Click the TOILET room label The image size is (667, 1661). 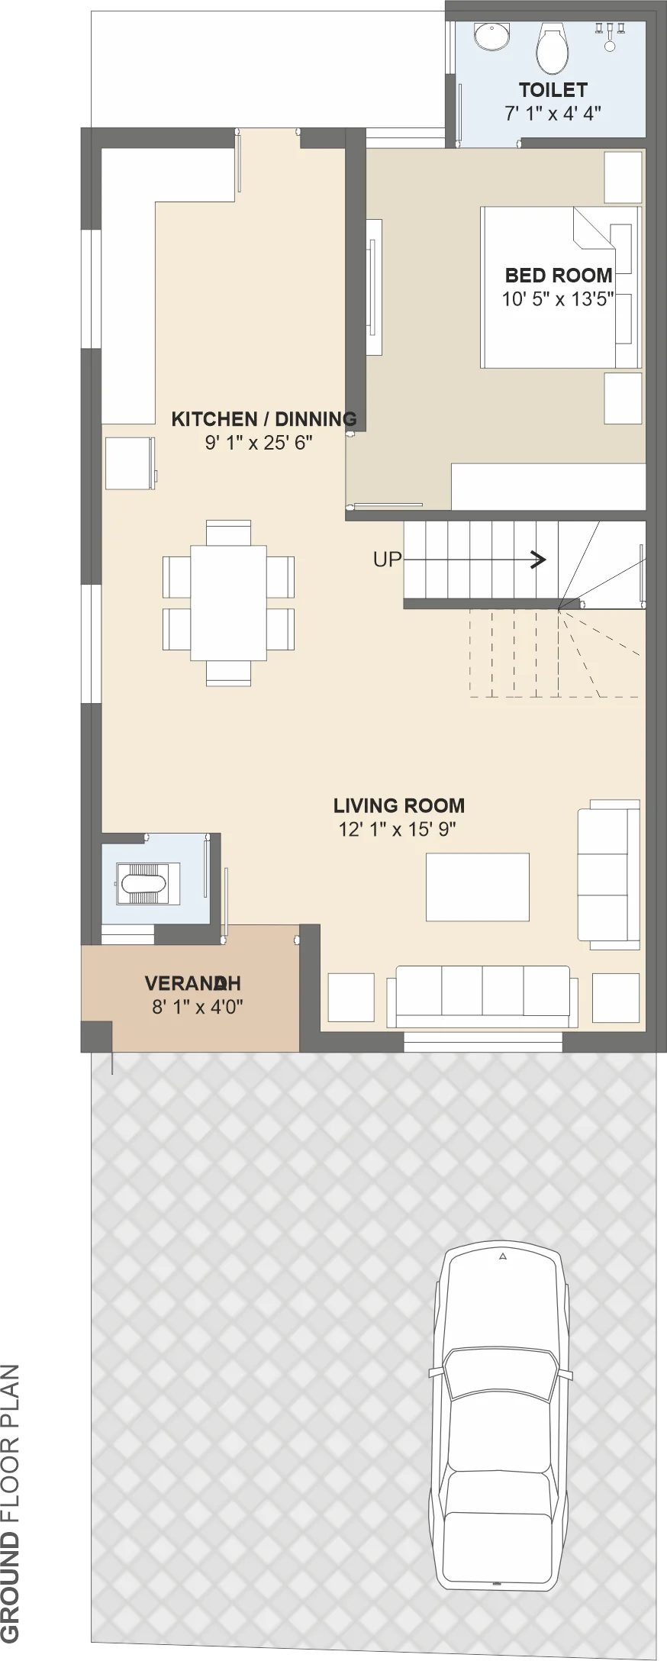tap(553, 90)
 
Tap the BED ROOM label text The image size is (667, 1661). tap(559, 275)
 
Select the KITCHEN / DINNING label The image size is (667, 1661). tap(264, 418)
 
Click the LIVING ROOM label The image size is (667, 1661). tap(399, 805)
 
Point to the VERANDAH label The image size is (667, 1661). tap(193, 982)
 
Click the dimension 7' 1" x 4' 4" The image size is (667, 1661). tap(553, 113)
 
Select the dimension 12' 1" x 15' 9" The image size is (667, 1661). tap(398, 829)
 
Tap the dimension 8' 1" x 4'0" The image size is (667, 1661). tap(198, 1007)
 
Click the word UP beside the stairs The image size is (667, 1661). tap(387, 560)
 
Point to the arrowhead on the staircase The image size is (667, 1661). tap(540, 560)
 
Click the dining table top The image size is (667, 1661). tap(228, 602)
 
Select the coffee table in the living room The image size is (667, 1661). tap(478, 887)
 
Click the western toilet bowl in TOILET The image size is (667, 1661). tap(553, 47)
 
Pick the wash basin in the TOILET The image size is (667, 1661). tap(491, 37)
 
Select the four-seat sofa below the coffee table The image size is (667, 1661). tap(482, 997)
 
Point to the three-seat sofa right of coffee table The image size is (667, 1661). tap(608, 874)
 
